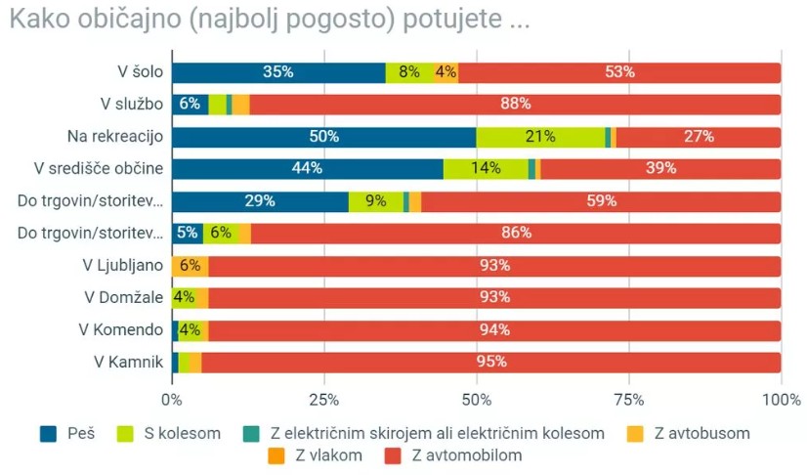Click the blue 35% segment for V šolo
[278, 72]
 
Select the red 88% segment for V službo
[515, 105]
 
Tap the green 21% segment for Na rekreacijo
[540, 137]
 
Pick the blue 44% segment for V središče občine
[307, 169]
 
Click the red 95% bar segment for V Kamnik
[490, 363]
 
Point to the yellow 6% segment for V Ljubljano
[190, 266]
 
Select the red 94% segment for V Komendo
[494, 330]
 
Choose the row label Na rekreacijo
[114, 137]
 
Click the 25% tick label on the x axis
[323, 399]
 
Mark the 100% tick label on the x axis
[781, 399]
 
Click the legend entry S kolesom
[182, 432]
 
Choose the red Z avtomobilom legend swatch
[395, 454]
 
